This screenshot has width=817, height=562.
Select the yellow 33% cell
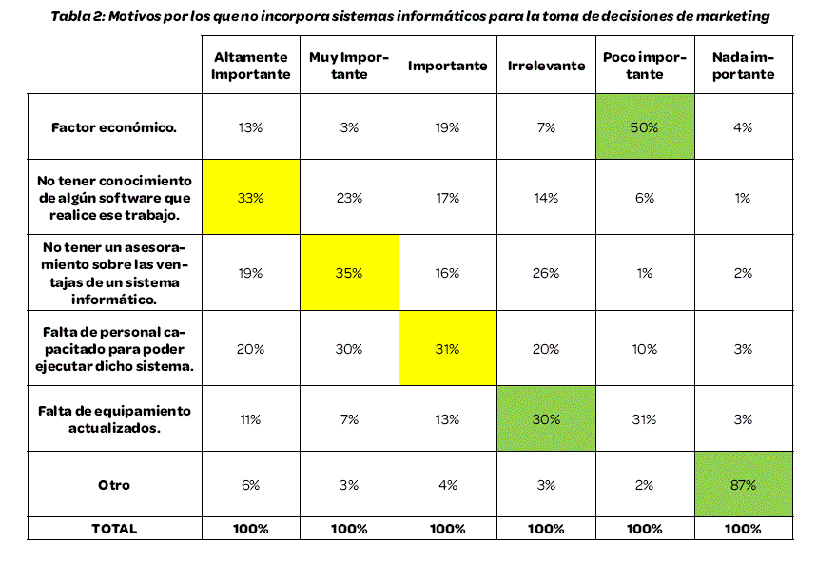[250, 198]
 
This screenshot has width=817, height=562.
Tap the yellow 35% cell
[349, 273]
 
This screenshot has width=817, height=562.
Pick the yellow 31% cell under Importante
[446, 349]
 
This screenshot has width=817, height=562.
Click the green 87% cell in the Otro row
[743, 484]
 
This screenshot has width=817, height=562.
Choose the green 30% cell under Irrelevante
[545, 417]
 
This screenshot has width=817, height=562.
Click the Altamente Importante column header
[250, 67]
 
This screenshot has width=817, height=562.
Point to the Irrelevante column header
[545, 67]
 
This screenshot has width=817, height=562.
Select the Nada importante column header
[743, 67]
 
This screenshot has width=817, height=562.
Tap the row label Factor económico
[114, 126]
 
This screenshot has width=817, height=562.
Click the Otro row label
[114, 484]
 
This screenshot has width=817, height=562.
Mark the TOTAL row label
[114, 529]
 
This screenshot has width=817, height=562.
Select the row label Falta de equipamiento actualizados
[114, 417]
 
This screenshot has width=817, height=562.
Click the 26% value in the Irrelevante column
[545, 273]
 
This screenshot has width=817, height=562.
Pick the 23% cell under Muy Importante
[349, 198]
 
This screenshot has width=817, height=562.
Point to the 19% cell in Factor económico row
[446, 126]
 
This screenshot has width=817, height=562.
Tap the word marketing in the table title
[733, 16]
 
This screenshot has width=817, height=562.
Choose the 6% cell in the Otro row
[250, 484]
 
